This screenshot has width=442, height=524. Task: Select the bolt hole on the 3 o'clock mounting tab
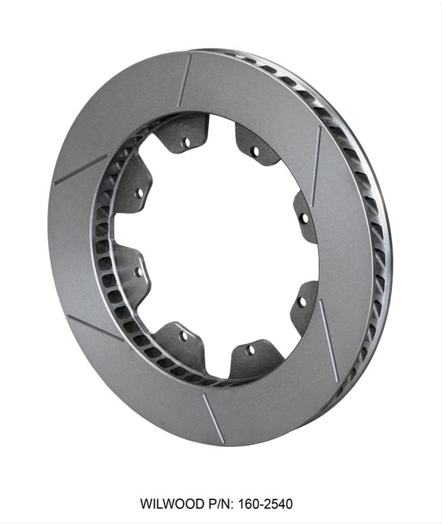[x=304, y=218]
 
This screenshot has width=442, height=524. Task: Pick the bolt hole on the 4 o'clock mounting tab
[x=302, y=301]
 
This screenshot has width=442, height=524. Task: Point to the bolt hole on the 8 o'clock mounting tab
[x=138, y=272]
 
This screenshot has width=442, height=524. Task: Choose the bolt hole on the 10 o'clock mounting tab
[x=139, y=192]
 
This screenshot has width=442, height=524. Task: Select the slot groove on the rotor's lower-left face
[x=95, y=328]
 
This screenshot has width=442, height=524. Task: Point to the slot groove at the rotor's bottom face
[x=213, y=418]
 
